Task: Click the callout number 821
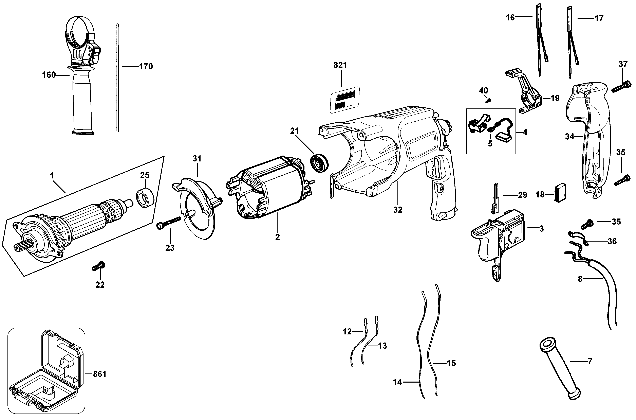tap(340, 65)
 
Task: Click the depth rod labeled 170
tap(117, 78)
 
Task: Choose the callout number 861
tap(100, 374)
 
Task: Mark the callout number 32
tap(398, 210)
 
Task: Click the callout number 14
tap(397, 382)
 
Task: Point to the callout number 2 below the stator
tap(277, 237)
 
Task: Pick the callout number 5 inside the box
tap(490, 144)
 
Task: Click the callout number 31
tap(197, 159)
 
